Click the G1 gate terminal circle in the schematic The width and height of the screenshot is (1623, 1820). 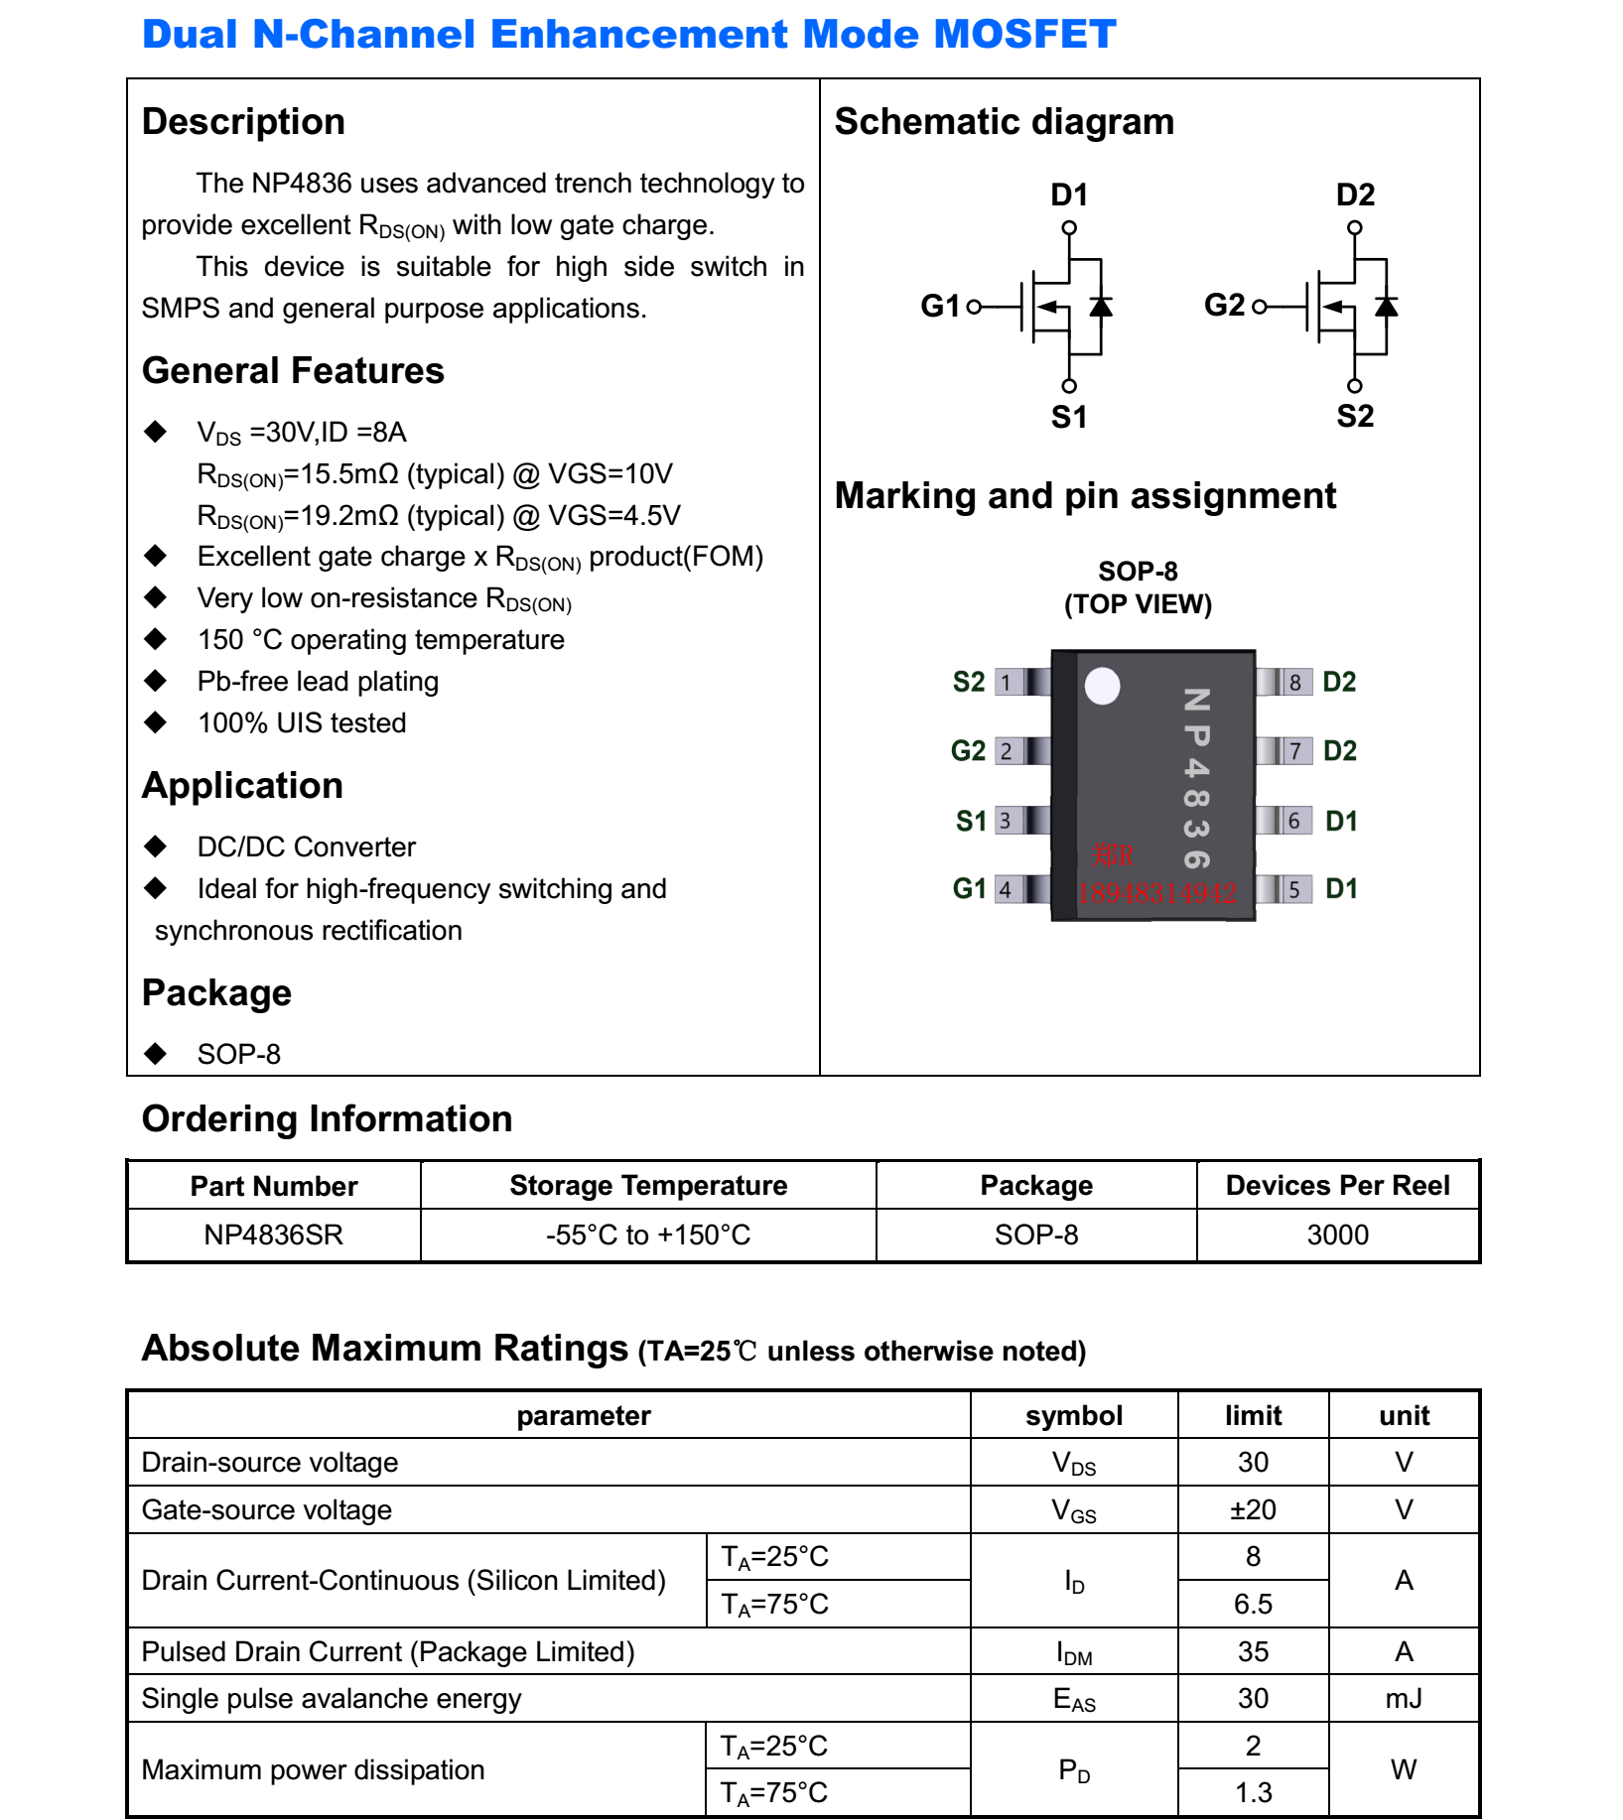[974, 307]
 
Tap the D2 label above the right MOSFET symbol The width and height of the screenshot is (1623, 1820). [1355, 195]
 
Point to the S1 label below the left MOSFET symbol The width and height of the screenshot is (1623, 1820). [1069, 417]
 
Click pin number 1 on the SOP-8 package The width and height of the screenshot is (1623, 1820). [1007, 683]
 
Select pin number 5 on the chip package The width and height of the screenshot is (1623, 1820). [1293, 890]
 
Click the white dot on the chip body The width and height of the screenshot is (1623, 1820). [1102, 686]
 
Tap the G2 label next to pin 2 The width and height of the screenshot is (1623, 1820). [968, 751]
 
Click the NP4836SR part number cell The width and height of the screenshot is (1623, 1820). [273, 1235]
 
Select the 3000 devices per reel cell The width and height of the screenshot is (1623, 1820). [1337, 1235]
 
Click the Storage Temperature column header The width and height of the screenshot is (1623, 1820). [648, 1185]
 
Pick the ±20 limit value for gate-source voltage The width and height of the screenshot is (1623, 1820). [1253, 1509]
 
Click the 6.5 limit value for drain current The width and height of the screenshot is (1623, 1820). [1253, 1604]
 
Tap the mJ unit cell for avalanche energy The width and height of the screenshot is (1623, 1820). [1404, 1698]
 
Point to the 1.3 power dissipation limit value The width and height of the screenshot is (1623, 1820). [1253, 1792]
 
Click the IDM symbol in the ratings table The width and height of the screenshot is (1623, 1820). [1074, 1652]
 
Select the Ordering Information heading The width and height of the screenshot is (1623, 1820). [327, 1118]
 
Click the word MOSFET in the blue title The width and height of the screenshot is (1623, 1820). [1024, 35]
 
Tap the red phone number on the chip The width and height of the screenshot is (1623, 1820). [1157, 893]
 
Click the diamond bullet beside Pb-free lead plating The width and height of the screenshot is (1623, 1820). [155, 681]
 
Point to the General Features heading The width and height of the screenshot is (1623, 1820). [293, 370]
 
